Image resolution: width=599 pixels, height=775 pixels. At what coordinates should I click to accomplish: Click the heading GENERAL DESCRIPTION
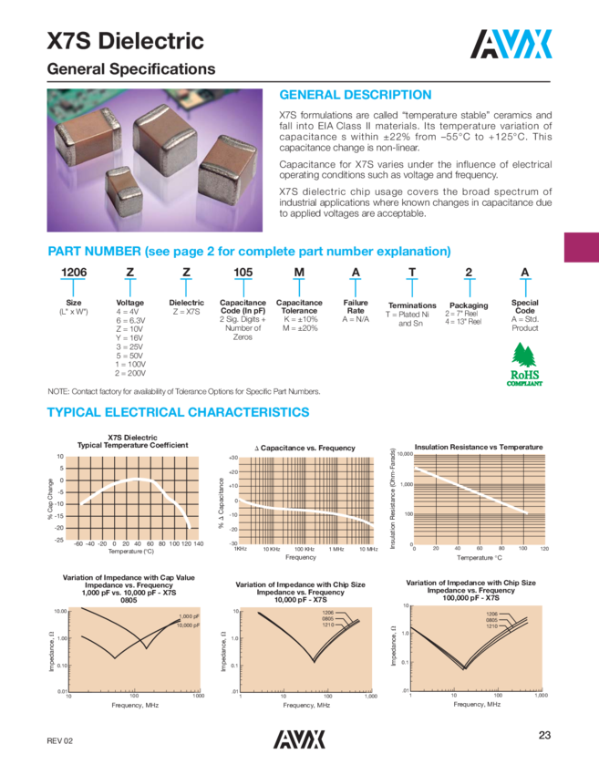click(355, 95)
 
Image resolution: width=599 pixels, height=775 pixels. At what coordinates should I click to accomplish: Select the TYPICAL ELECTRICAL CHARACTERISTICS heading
click(178, 413)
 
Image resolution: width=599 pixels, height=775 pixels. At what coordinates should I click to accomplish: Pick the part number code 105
click(243, 274)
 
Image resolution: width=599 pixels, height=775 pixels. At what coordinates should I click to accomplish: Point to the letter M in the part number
click(298, 274)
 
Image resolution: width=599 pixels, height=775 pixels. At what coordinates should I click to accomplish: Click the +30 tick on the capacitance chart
click(232, 458)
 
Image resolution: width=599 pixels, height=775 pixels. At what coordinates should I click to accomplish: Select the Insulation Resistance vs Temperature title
click(479, 448)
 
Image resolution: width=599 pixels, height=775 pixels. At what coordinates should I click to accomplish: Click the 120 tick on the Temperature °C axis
click(544, 549)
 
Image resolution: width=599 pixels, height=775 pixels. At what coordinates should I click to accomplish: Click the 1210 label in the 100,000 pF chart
click(491, 625)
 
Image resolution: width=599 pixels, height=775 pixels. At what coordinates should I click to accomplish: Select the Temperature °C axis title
click(479, 557)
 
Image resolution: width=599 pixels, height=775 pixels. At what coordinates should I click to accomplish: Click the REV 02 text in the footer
click(61, 741)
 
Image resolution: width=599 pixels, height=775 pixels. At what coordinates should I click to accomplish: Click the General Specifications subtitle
click(130, 70)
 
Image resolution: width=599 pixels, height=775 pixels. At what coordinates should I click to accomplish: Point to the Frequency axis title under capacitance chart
click(301, 557)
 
